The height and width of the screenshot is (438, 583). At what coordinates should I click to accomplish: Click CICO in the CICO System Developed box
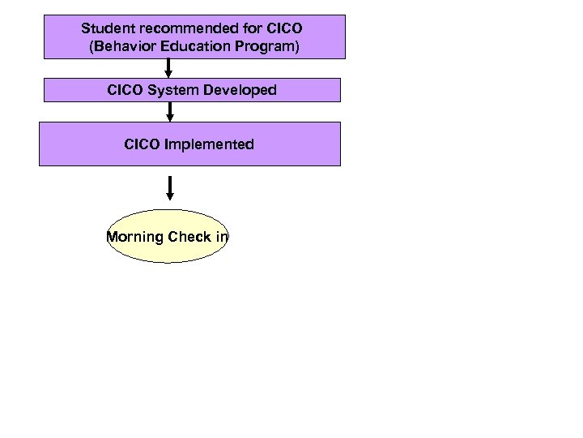126,90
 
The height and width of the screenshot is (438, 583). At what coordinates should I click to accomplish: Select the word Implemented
209,144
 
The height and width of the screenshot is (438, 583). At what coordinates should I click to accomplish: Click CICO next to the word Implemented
143,144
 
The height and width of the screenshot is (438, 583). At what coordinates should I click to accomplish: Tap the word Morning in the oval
135,238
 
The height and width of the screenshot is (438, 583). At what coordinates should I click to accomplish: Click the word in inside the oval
221,238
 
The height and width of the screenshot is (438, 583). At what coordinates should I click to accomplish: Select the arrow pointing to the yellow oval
170,187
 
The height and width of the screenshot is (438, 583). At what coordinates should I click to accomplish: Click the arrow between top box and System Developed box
168,69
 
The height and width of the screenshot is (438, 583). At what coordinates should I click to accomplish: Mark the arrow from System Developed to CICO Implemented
170,112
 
